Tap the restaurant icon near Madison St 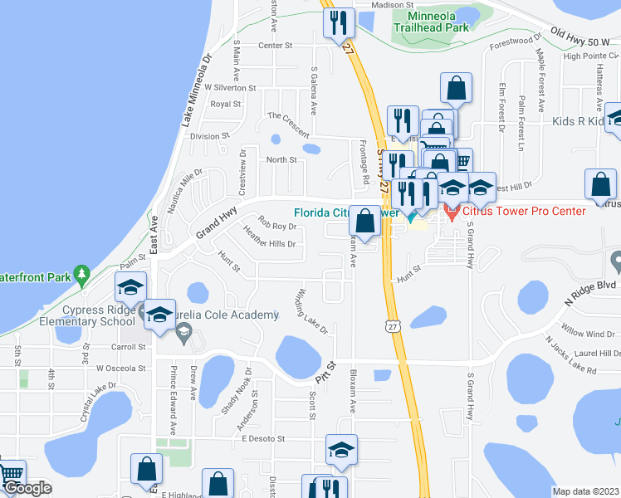click(338, 22)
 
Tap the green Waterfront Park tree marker click(81, 272)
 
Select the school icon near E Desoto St click(341, 450)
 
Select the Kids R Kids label click(578, 122)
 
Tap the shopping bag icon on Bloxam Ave click(364, 221)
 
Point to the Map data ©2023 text click(585, 491)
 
